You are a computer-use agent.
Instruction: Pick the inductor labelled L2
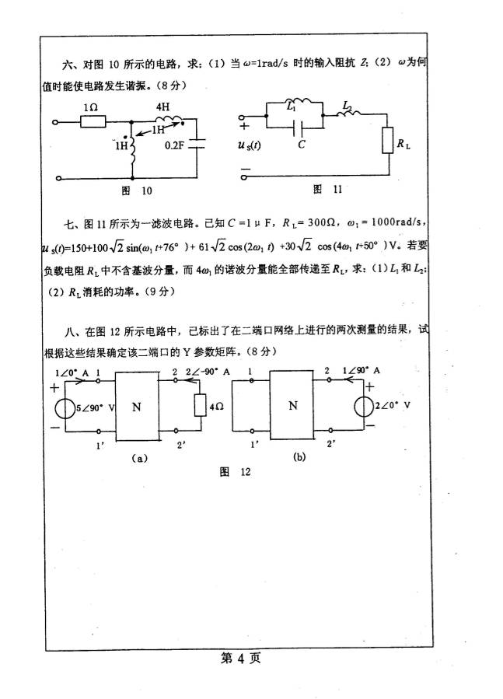click(348, 112)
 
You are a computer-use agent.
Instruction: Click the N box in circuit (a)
click(136, 405)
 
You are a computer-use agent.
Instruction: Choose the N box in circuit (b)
click(292, 405)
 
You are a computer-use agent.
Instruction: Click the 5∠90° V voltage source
click(60, 407)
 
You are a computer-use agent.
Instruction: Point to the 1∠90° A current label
click(361, 372)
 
